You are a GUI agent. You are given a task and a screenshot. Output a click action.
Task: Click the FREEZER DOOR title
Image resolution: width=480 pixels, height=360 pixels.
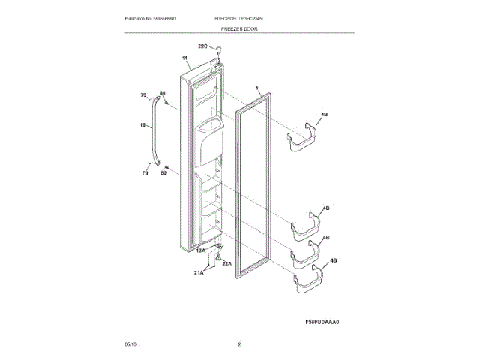point(239,28)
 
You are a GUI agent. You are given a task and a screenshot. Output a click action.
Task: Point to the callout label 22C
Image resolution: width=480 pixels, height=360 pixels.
point(202,46)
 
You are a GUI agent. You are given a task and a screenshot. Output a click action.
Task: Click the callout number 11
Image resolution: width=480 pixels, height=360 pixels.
point(184,58)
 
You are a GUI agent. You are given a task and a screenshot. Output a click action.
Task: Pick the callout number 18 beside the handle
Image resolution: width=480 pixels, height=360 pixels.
point(142,125)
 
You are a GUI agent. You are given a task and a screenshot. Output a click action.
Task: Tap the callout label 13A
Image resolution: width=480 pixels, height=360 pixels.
point(201,251)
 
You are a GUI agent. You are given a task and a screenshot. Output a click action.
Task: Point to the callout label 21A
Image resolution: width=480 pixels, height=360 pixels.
point(199,274)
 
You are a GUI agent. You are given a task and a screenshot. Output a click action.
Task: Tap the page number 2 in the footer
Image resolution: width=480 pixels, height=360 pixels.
point(239,343)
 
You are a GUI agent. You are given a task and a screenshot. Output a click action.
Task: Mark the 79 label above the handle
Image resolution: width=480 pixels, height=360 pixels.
point(144,95)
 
